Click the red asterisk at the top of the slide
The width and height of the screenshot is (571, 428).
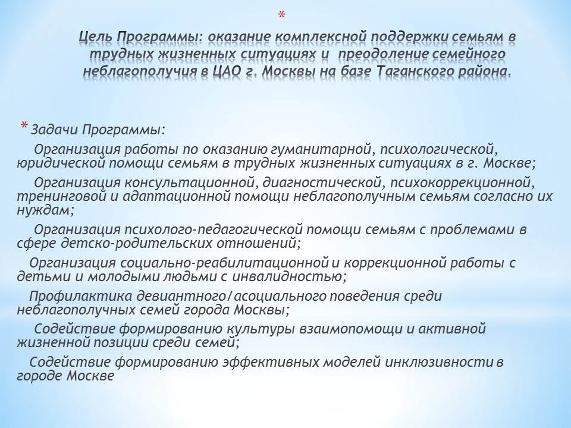281,15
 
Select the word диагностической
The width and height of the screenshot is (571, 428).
322,182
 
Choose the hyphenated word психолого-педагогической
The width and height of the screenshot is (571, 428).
214,230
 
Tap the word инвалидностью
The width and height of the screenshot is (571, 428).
289,277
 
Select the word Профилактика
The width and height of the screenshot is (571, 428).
80,296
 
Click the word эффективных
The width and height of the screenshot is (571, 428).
271,363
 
